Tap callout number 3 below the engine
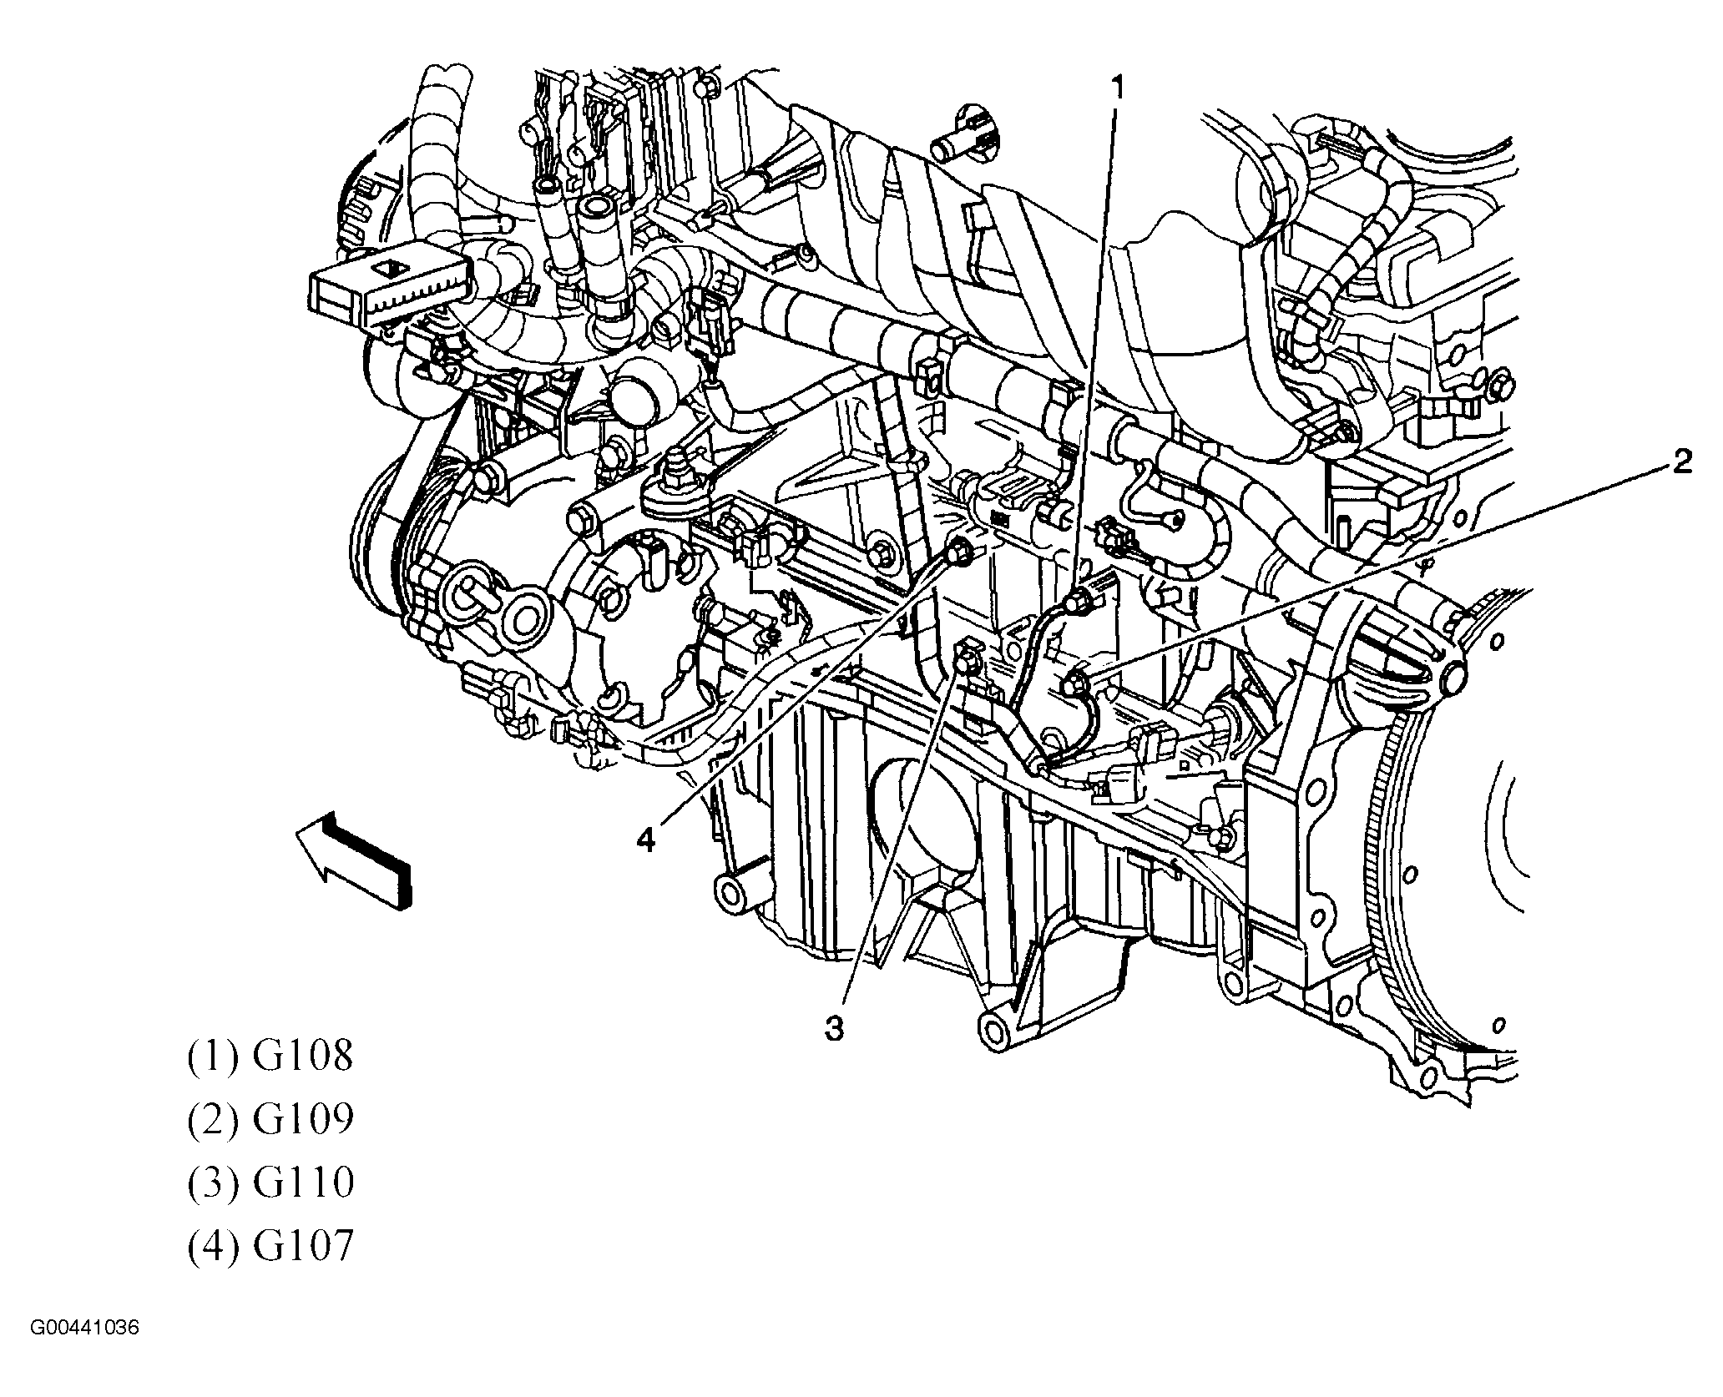834,1028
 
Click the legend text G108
303,1056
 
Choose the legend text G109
303,1119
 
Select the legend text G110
303,1183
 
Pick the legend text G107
303,1246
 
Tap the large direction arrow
355,860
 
